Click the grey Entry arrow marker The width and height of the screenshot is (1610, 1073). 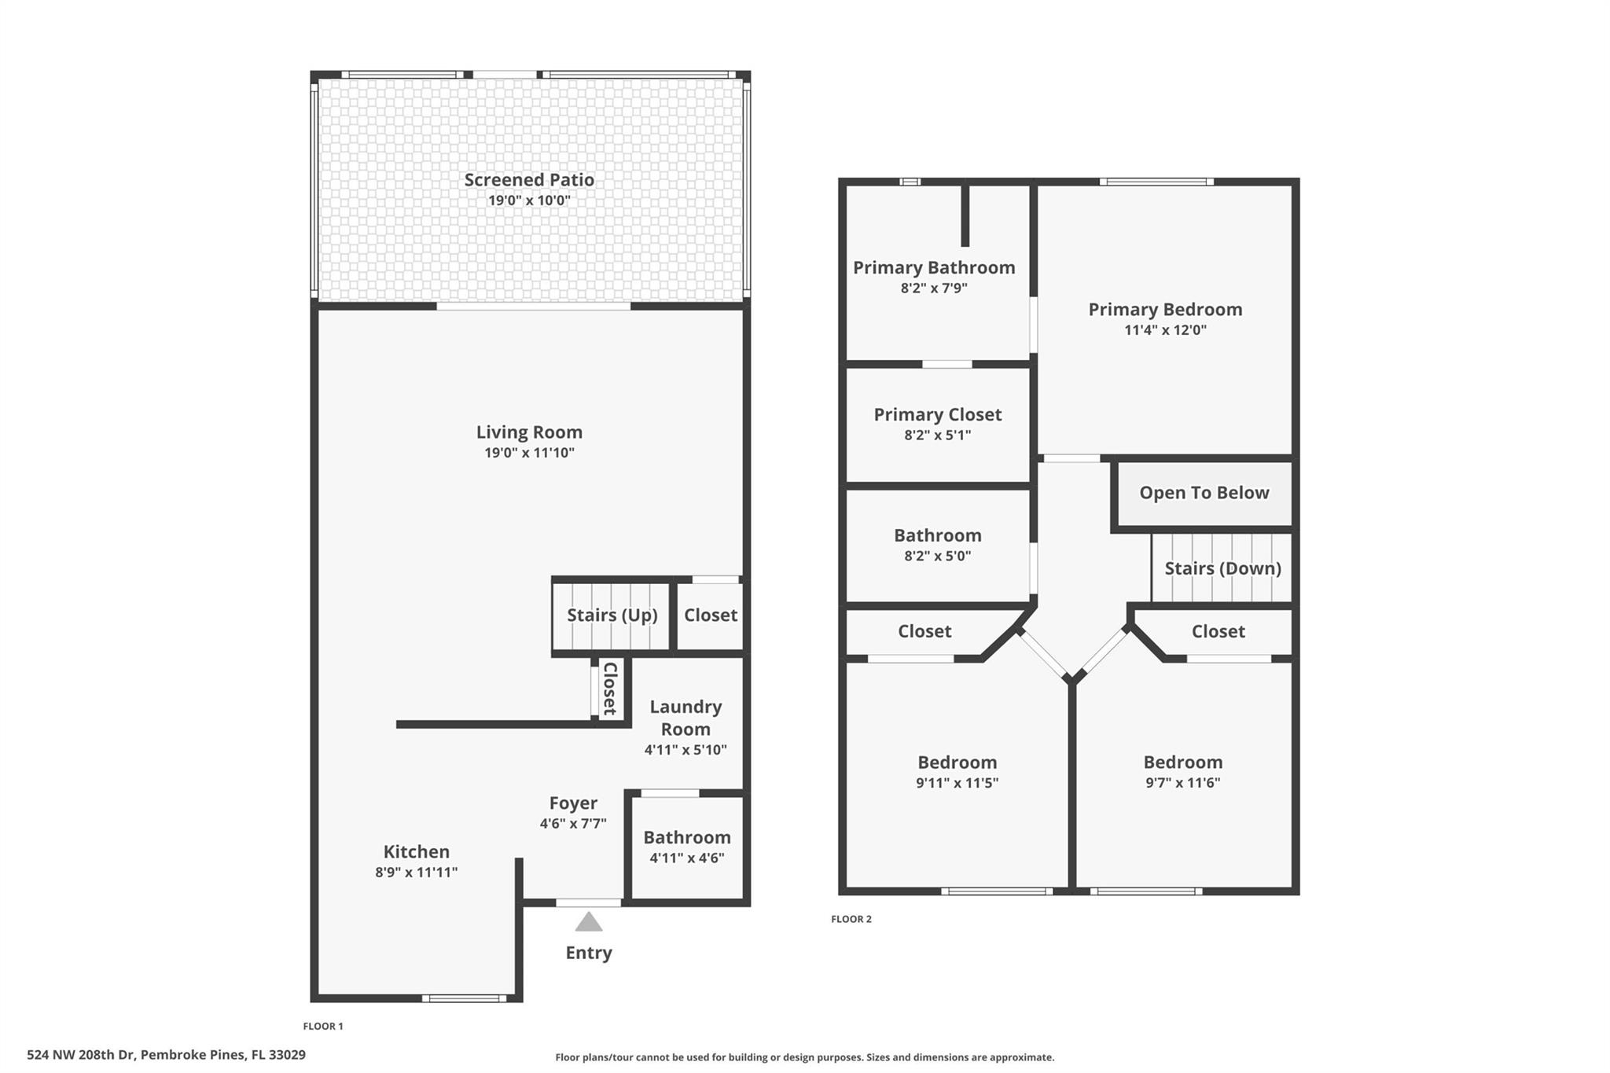[589, 921]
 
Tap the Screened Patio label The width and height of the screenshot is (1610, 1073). [529, 180]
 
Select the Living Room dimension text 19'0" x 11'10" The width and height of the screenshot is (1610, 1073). [529, 453]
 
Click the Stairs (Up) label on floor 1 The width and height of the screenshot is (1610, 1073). [612, 615]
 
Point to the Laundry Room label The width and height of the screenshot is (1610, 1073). [686, 718]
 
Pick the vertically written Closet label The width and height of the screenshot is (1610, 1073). [610, 689]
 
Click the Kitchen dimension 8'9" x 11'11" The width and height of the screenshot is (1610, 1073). [417, 872]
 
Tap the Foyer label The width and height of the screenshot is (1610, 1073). [573, 803]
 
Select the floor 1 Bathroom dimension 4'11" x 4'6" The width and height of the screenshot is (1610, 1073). [687, 858]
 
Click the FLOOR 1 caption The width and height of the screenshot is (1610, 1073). [323, 1026]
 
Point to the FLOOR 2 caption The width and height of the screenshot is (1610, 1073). [851, 919]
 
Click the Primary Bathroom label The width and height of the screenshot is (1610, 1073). [934, 268]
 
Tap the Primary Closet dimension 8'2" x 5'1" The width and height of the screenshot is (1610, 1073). [938, 435]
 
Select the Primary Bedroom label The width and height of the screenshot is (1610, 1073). [1165, 310]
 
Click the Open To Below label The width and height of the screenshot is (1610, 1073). [1204, 493]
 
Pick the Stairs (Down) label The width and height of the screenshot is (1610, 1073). [1222, 568]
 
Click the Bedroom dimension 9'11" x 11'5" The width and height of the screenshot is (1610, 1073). [957, 783]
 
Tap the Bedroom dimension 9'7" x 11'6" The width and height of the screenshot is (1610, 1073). [1183, 783]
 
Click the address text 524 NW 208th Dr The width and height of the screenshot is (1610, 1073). [82, 1055]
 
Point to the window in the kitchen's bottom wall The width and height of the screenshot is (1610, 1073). [465, 998]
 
